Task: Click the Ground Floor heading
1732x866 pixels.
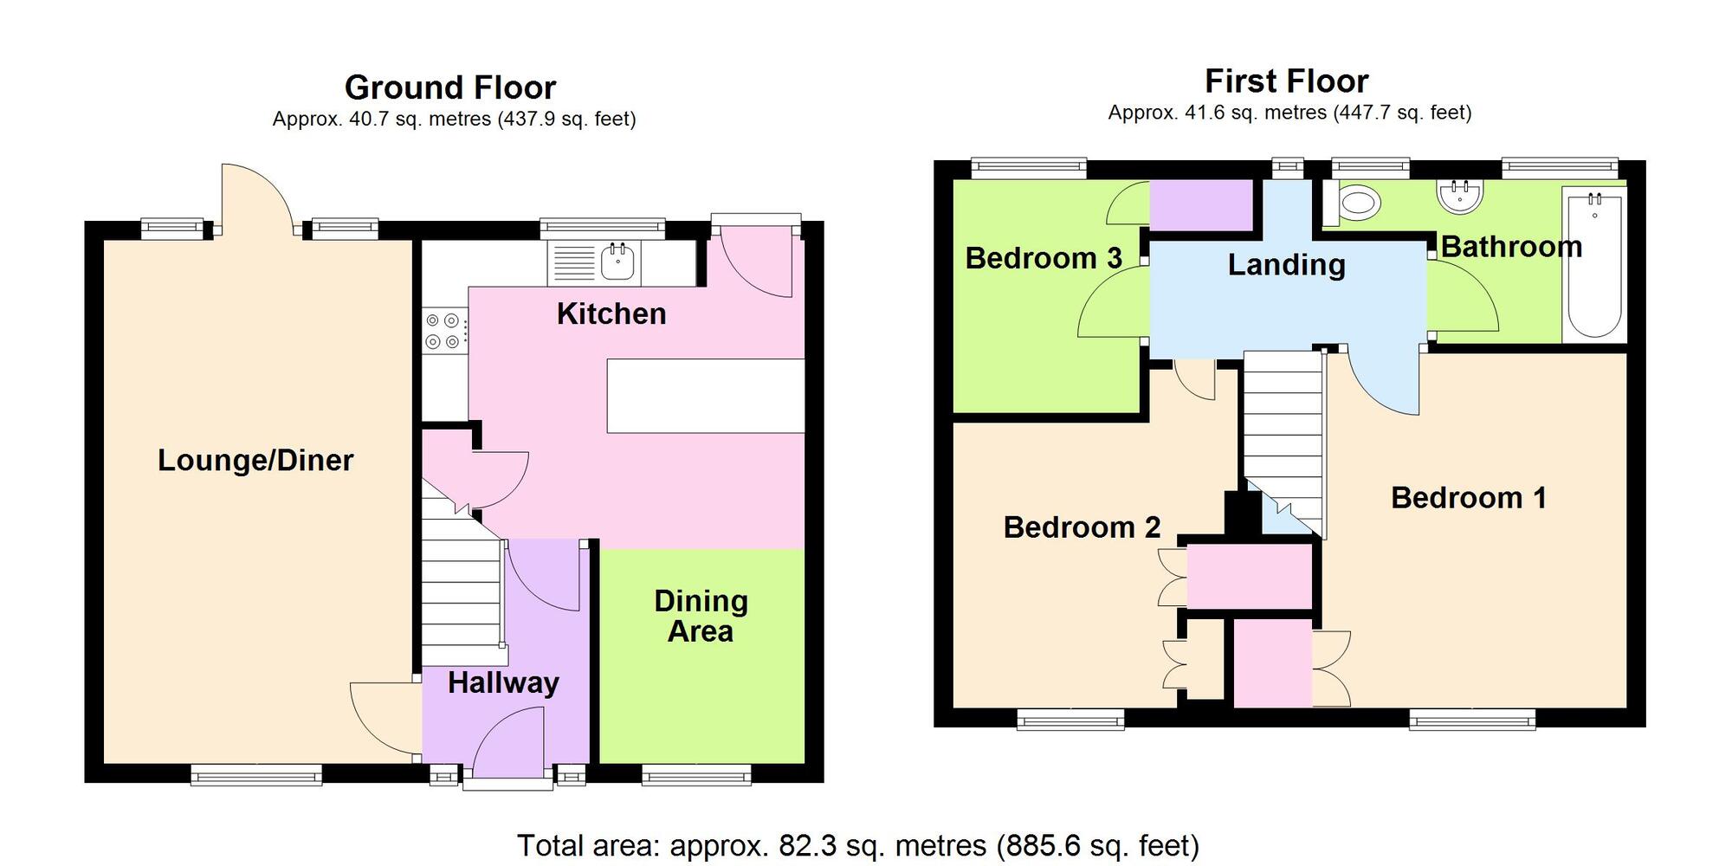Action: (450, 87)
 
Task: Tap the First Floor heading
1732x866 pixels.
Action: (1286, 81)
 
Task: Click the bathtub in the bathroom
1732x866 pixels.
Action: (1594, 264)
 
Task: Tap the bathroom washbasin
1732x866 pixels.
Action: (1460, 196)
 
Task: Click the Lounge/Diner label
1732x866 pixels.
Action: (255, 460)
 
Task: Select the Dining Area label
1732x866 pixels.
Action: (701, 616)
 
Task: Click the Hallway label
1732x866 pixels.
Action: (503, 682)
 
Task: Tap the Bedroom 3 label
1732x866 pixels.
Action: (1044, 258)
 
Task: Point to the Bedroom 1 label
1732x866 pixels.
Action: (1468, 498)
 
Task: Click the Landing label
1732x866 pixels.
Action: (1286, 265)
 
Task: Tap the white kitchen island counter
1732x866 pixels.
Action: (706, 396)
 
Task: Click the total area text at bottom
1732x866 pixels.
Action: (857, 845)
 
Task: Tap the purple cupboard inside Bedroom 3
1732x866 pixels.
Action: (1201, 205)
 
